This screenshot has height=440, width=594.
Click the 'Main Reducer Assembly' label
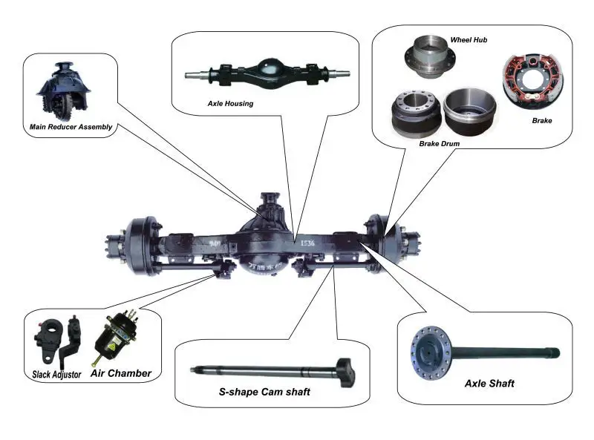71,127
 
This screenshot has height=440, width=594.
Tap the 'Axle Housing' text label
230,104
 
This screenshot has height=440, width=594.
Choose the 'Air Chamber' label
121,373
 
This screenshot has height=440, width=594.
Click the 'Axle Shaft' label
489,384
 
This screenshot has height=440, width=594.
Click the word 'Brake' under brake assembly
541,120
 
